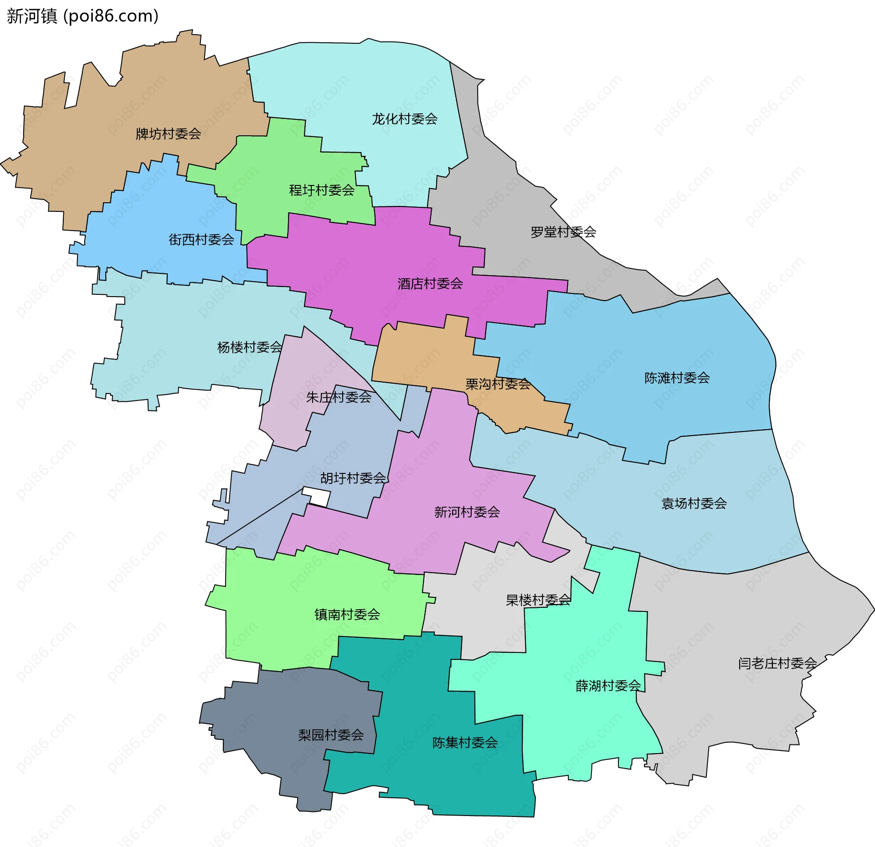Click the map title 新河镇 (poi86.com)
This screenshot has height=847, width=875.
pyautogui.click(x=82, y=16)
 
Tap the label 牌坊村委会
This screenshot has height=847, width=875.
pyautogui.click(x=168, y=134)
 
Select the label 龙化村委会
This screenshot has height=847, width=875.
pyautogui.click(x=404, y=119)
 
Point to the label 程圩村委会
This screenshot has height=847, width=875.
pyautogui.click(x=321, y=190)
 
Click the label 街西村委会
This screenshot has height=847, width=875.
pyautogui.click(x=201, y=240)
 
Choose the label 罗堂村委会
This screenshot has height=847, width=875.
pyautogui.click(x=563, y=232)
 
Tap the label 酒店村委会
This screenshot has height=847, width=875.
pyautogui.click(x=430, y=284)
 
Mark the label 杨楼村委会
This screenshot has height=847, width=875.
pyautogui.click(x=249, y=348)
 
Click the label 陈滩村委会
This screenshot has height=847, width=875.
pyautogui.click(x=677, y=378)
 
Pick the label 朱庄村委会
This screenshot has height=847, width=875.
pyautogui.click(x=338, y=398)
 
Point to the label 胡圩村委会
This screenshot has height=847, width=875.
pyautogui.click(x=353, y=478)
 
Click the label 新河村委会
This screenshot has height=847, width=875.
pyautogui.click(x=467, y=512)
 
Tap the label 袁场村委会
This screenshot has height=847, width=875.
pyautogui.click(x=694, y=503)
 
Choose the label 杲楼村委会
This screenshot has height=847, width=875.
pyautogui.click(x=538, y=600)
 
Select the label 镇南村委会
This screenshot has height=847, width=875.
pyautogui.click(x=347, y=615)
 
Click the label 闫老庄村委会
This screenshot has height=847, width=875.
pyautogui.click(x=777, y=663)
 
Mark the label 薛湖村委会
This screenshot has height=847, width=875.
pyautogui.click(x=608, y=686)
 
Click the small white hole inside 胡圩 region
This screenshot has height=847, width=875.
pyautogui.click(x=316, y=497)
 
